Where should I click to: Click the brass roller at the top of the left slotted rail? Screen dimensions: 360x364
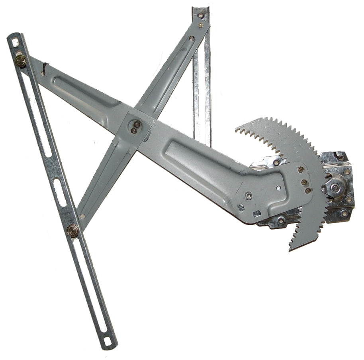tap(21, 60)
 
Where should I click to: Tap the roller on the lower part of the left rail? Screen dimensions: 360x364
tap(73, 230)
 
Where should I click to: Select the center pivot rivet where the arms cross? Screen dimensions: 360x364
tap(136, 126)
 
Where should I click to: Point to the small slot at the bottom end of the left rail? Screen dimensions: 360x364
tap(107, 341)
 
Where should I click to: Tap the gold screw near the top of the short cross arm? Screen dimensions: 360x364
tap(200, 25)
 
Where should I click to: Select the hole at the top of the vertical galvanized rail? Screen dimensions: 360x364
tap(200, 16)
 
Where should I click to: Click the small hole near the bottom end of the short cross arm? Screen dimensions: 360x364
tap(82, 216)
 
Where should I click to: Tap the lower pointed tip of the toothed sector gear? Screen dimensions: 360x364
tap(290, 249)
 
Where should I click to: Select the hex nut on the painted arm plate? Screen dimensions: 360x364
tap(249, 195)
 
